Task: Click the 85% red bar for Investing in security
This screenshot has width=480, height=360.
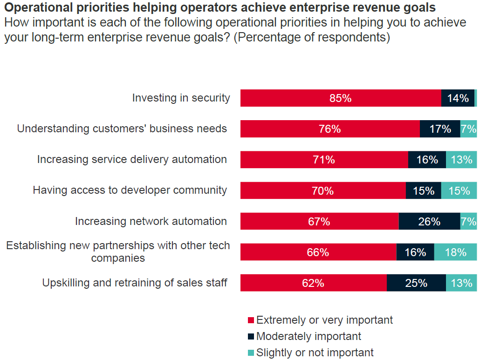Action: (x=341, y=98)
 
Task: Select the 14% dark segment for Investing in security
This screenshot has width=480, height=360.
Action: (x=458, y=98)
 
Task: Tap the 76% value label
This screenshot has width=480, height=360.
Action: (x=330, y=129)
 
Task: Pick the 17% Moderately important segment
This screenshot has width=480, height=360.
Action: (x=440, y=129)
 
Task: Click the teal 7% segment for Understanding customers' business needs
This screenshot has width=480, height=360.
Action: (x=468, y=129)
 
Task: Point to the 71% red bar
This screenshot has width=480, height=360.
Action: (x=324, y=160)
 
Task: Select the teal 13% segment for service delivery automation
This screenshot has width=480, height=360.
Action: (x=461, y=160)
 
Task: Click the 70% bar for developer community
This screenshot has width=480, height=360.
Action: (x=323, y=190)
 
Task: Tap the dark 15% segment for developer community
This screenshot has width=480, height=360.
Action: (x=423, y=190)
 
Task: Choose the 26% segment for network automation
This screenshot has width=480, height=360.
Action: (x=429, y=221)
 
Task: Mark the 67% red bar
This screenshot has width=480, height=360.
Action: (x=319, y=221)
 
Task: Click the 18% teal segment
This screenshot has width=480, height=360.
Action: (x=455, y=252)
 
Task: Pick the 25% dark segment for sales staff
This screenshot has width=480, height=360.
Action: (x=416, y=283)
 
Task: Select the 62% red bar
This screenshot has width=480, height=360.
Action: (x=313, y=283)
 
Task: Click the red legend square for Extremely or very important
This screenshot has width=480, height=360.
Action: (x=251, y=320)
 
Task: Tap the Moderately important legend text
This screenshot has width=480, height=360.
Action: (x=309, y=336)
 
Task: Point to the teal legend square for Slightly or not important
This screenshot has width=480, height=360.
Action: (x=251, y=353)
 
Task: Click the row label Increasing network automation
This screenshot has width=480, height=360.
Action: (x=151, y=221)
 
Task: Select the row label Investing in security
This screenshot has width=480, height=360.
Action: (x=181, y=98)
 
